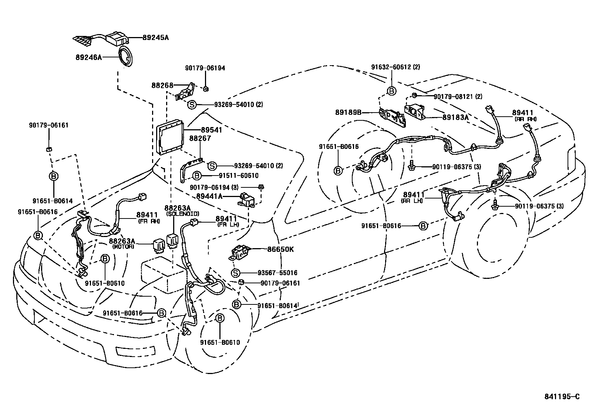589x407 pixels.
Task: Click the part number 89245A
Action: point(155,37)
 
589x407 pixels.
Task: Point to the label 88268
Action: point(162,85)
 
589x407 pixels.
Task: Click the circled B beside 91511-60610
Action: point(197,176)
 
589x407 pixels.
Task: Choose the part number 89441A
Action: point(209,196)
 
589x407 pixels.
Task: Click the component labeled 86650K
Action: point(241,252)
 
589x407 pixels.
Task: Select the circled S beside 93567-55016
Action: point(235,273)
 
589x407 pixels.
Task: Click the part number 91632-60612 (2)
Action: point(396,67)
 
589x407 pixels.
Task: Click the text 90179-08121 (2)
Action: point(458,96)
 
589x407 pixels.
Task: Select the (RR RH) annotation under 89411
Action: point(525,119)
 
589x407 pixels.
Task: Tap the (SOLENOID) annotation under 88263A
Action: point(182,214)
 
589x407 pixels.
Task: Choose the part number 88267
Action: point(200,138)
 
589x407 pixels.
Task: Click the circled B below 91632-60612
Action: point(391,91)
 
